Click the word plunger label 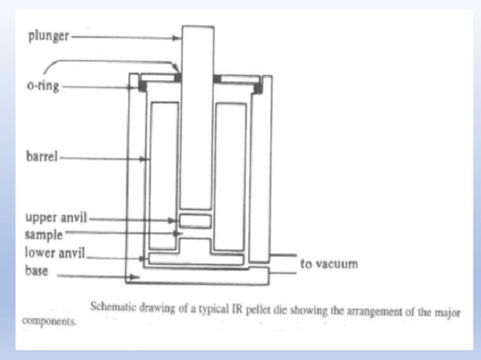(x=48, y=36)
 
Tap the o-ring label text (x=43, y=86)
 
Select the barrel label (x=41, y=156)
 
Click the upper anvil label (x=56, y=218)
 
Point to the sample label (x=44, y=235)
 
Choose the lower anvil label (x=54, y=253)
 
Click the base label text (x=36, y=271)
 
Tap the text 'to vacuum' (x=329, y=264)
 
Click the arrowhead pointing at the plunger (x=176, y=38)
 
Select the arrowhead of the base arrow (x=133, y=277)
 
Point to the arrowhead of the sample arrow (x=178, y=233)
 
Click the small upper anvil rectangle (x=195, y=221)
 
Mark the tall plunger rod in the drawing (x=197, y=118)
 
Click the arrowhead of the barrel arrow (x=142, y=159)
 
